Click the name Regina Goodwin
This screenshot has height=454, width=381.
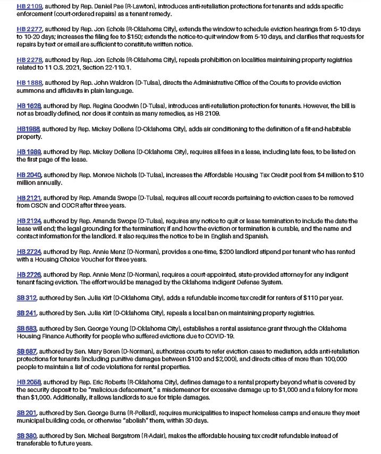(x=113, y=106)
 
